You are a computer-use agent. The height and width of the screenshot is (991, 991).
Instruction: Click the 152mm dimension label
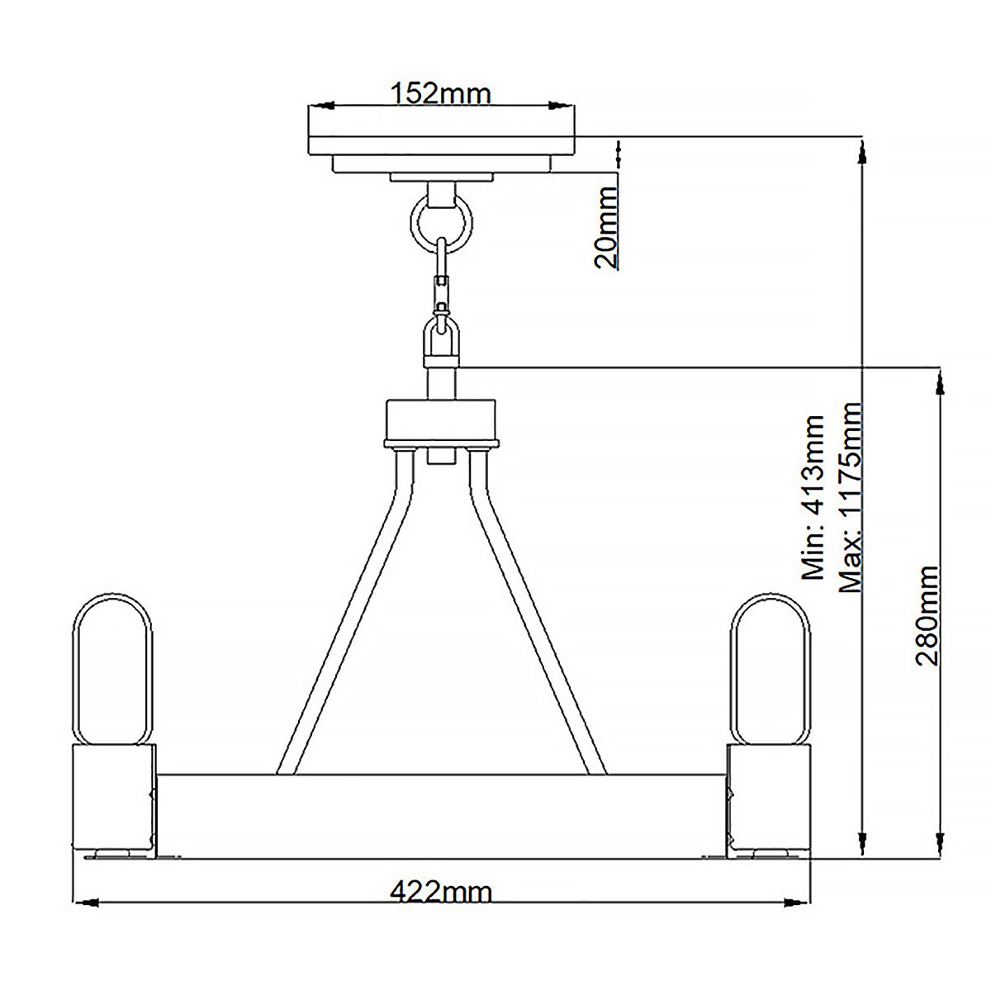tap(441, 93)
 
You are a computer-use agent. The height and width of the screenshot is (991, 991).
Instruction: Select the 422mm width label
tap(441, 893)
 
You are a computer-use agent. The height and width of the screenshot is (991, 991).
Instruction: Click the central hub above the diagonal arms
tap(441, 422)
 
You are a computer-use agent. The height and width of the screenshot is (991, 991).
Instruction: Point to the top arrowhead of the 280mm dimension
tap(939, 382)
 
